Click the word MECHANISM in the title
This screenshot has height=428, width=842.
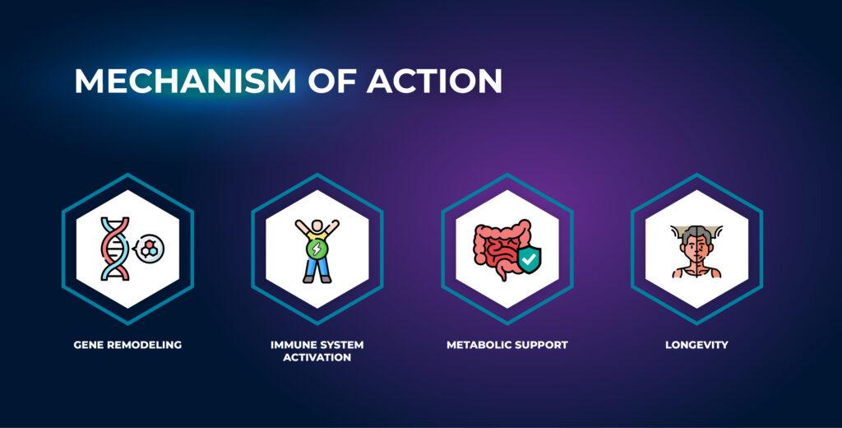(185, 81)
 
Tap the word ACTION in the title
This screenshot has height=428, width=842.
(434, 81)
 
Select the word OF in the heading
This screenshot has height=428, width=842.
(332, 81)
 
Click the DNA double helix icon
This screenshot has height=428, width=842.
(115, 249)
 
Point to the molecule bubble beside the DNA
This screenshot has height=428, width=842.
(149, 249)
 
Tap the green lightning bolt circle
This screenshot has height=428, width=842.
(317, 249)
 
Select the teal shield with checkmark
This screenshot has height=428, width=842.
(529, 260)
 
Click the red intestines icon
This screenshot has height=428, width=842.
(499, 248)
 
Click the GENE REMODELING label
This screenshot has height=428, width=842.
(127, 345)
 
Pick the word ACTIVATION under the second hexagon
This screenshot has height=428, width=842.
(317, 357)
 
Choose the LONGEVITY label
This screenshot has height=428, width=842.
(696, 345)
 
